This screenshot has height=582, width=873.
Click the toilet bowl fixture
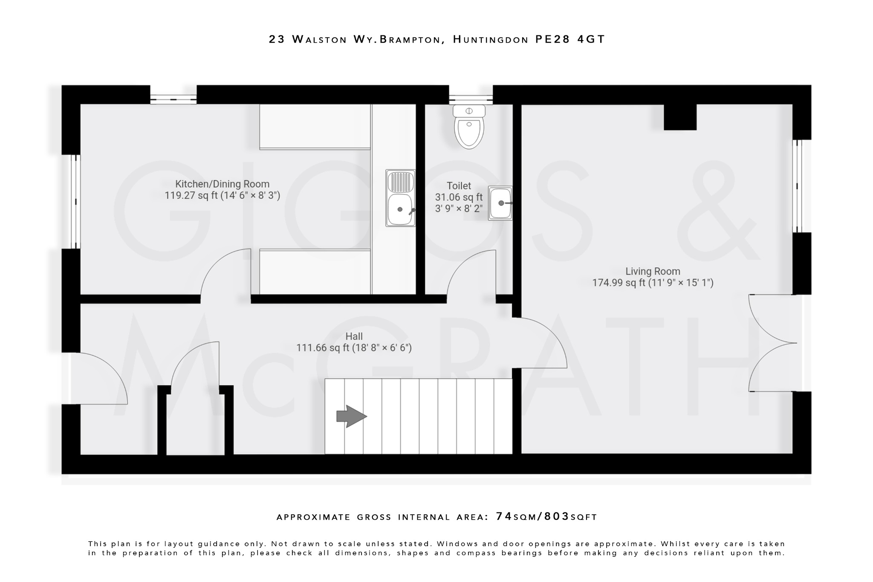click(x=469, y=131)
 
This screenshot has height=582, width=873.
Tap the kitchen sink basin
click(x=400, y=209)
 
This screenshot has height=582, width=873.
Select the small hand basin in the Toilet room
click(x=500, y=203)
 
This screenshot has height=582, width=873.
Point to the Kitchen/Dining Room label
click(x=222, y=184)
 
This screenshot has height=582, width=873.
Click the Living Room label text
click(x=653, y=271)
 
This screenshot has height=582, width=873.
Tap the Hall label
click(x=354, y=336)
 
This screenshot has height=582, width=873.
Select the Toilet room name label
click(x=459, y=186)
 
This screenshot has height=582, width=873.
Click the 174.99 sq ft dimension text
click(x=619, y=283)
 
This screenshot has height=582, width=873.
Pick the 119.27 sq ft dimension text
click(x=191, y=196)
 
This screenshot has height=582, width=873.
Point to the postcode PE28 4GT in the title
click(x=570, y=39)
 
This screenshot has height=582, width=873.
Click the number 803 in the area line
click(x=557, y=517)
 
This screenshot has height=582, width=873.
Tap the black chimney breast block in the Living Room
click(x=680, y=117)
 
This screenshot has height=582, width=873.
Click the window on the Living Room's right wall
click(x=797, y=186)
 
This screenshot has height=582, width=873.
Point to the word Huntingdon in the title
click(x=490, y=39)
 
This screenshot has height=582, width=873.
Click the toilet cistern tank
click(x=469, y=111)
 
